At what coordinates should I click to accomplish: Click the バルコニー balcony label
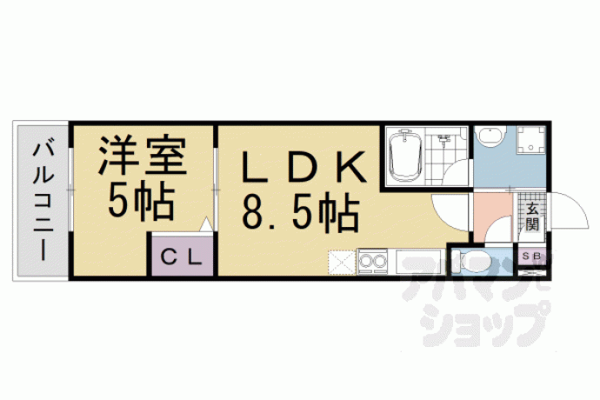(43, 202)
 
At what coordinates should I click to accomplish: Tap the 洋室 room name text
(143, 156)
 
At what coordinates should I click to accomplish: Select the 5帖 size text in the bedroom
(142, 201)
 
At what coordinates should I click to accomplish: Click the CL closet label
(181, 257)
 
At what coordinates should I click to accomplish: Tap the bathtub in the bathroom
(405, 157)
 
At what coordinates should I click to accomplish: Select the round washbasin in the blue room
(489, 137)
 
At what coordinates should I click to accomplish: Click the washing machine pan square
(531, 140)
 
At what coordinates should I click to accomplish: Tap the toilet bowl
(476, 263)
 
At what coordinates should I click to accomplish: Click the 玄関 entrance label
(532, 217)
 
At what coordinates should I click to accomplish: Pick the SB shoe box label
(531, 257)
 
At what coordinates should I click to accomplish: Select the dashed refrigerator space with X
(342, 263)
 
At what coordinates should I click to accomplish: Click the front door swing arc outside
(569, 210)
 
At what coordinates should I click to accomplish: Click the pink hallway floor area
(492, 217)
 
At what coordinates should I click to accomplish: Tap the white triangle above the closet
(206, 224)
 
